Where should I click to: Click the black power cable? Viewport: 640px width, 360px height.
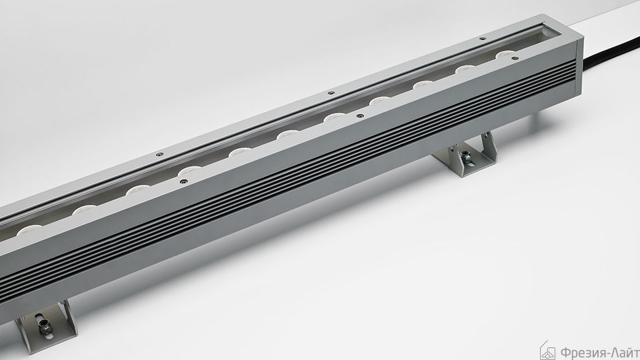pos(611,52)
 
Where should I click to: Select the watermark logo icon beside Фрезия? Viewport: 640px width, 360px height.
pos(547,351)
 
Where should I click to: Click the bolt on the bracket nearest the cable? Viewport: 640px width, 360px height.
pos(465,155)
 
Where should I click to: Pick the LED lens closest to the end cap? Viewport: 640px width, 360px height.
pos(506,53)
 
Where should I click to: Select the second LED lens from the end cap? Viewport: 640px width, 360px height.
pos(466,69)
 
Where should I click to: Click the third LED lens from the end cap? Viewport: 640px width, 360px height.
pos(423,85)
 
